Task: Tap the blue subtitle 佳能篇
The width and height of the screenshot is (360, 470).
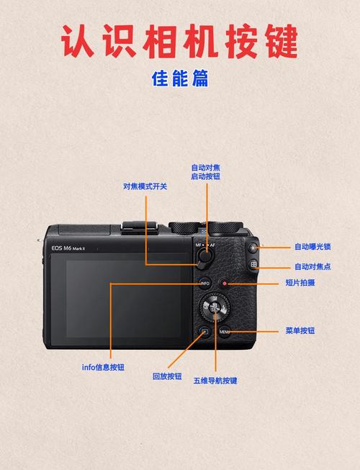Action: tap(180, 78)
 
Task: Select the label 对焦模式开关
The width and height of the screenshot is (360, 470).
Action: tap(145, 186)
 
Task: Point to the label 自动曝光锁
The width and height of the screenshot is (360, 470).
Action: tap(312, 247)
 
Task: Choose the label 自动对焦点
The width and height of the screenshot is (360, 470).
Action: tap(312, 266)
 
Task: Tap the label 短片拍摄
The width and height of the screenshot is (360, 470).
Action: tap(300, 284)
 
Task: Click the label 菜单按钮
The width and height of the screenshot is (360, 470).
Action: tap(300, 331)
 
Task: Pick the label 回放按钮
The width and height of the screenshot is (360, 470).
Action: tap(167, 376)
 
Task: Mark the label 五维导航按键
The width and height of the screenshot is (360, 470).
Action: tap(215, 381)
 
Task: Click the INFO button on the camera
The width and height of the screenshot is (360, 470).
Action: tap(204, 284)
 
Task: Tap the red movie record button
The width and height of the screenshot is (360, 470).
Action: tap(225, 284)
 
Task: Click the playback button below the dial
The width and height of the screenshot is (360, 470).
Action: tap(204, 332)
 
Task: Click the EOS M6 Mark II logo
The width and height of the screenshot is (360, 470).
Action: tap(69, 248)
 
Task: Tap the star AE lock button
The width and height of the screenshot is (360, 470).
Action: tap(253, 248)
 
